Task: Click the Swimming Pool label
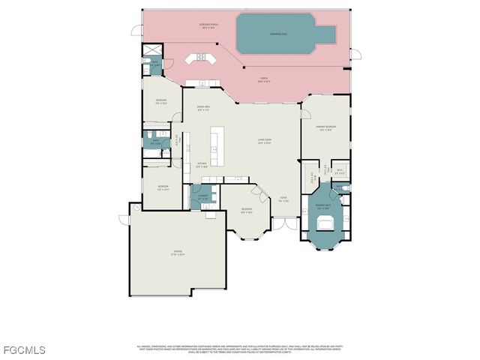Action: [284, 34]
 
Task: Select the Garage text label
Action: [178, 252]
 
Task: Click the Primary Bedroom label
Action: [325, 128]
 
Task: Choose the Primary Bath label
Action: [322, 206]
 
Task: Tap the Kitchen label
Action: [202, 165]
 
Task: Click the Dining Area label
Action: [203, 108]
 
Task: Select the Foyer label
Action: [283, 199]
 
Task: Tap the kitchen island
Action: [217, 146]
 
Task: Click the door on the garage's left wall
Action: [124, 219]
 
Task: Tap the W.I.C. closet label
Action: [340, 171]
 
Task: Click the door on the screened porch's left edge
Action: [136, 31]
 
